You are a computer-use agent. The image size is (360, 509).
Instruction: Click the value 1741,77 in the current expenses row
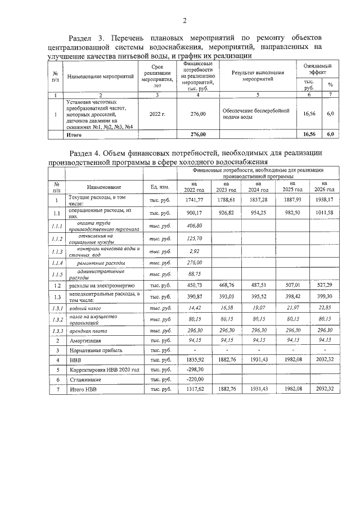pos(194,200)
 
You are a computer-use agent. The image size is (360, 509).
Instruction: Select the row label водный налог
pos(85,308)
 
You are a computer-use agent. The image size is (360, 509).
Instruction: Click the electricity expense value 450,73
pos(194,286)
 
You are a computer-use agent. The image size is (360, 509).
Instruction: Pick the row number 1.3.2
pos(56,319)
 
